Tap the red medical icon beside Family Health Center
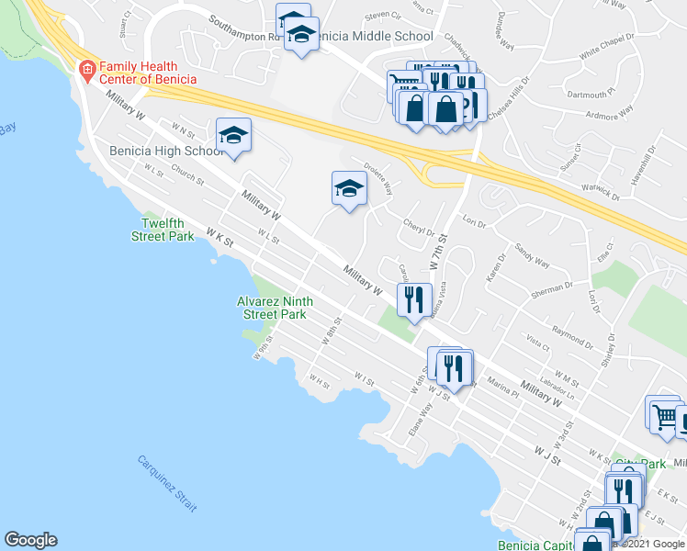pyautogui.click(x=87, y=68)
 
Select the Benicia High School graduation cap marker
pyautogui.click(x=234, y=136)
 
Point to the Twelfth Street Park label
pyautogui.click(x=168, y=230)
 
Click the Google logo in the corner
pyautogui.click(x=30, y=540)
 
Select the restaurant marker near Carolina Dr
pyautogui.click(x=414, y=298)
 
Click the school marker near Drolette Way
pyautogui.click(x=349, y=189)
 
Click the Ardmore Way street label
pyautogui.click(x=610, y=113)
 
